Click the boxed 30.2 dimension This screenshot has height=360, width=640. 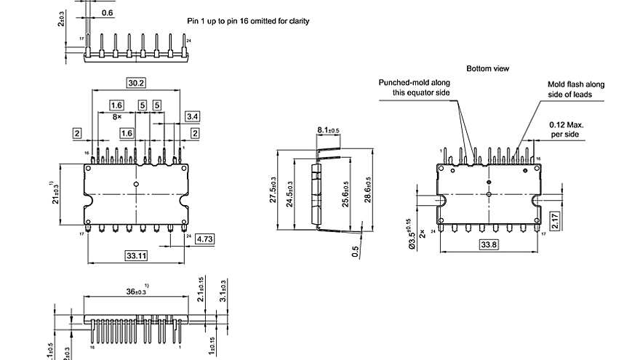click(135, 83)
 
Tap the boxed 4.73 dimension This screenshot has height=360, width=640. click(184, 238)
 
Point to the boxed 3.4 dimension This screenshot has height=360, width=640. click(193, 116)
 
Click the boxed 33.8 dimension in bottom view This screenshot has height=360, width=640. click(489, 245)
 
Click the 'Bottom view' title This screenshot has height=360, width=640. click(488, 68)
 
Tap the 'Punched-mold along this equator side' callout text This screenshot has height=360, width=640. click(415, 88)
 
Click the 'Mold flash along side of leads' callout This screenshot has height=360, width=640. click(575, 89)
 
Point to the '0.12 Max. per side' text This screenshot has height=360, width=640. click(567, 129)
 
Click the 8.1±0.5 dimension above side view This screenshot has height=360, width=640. click(328, 130)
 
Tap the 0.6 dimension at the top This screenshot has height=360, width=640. click(107, 13)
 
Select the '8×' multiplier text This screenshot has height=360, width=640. click(116, 116)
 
